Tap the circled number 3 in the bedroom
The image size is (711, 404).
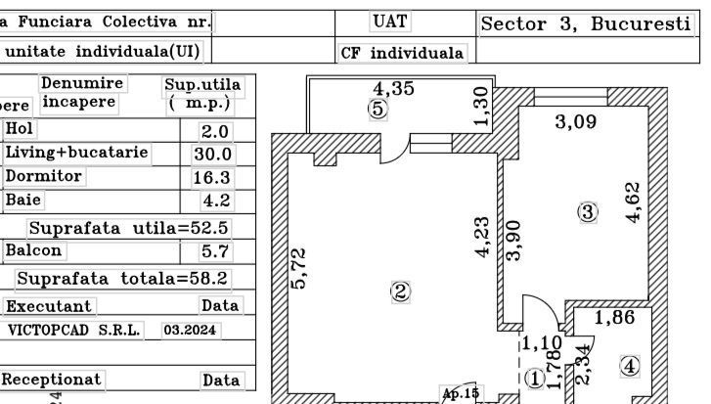click(588, 212)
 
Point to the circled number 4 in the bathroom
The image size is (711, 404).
click(630, 366)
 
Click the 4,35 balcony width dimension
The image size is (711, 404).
click(394, 88)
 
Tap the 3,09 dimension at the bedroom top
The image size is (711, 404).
click(576, 121)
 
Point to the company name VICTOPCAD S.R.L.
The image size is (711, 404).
click(74, 331)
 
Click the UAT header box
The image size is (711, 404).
click(390, 20)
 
